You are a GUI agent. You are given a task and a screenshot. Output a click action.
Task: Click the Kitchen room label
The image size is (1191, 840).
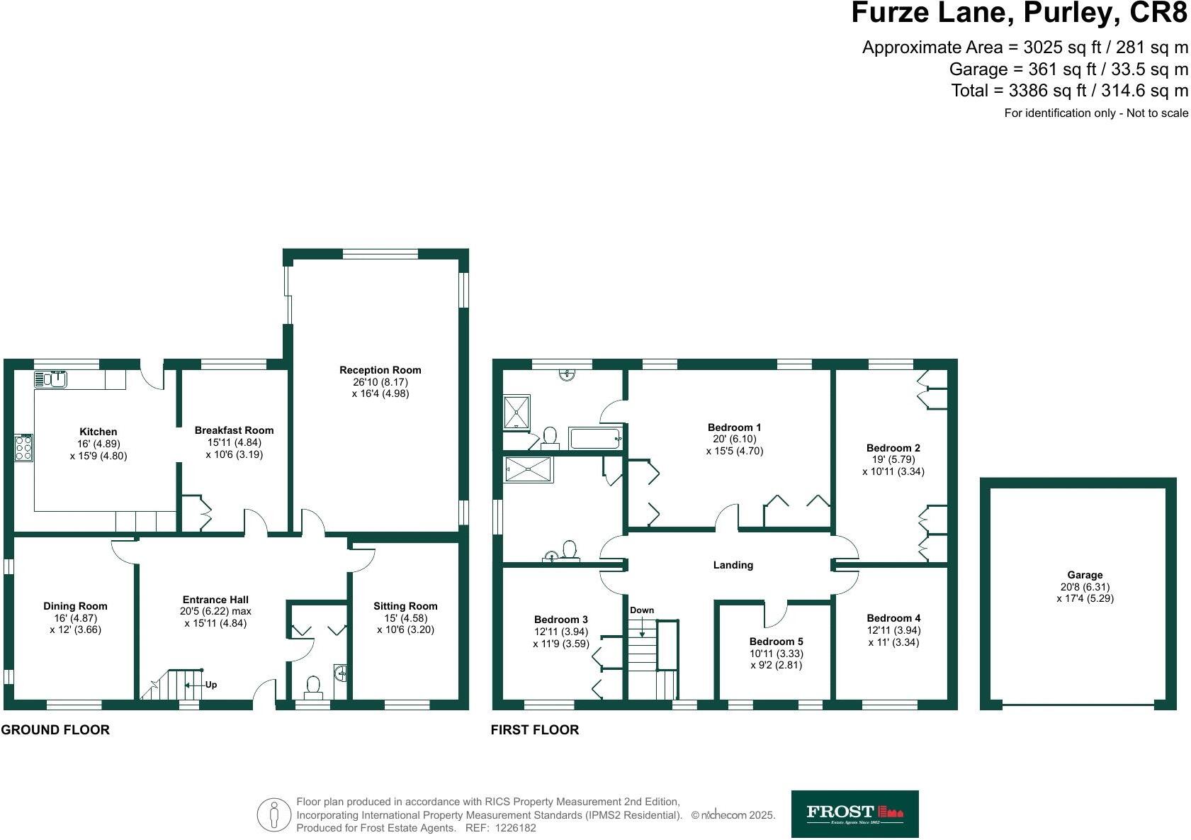[x=98, y=432]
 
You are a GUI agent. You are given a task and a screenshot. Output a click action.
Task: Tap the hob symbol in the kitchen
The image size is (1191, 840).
[x=23, y=448]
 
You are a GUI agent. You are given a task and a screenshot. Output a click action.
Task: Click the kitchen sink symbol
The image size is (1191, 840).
[x=50, y=379]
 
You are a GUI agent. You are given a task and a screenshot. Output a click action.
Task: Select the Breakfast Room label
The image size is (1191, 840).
[x=234, y=430]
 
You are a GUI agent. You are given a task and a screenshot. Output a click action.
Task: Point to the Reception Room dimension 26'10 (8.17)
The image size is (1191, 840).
[x=380, y=381]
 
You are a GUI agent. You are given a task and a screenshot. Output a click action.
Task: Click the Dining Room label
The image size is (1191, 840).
[x=75, y=606]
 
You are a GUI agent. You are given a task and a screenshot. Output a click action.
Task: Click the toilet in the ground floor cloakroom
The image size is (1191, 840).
[x=312, y=685]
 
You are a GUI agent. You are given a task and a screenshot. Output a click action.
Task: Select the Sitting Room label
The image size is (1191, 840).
[x=405, y=606]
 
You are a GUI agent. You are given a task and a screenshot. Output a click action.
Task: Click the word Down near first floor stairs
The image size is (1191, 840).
[x=642, y=610]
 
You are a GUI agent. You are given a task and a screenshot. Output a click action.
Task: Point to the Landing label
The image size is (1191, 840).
[x=733, y=565]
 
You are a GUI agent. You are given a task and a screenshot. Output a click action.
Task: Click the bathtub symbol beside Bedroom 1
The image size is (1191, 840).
[x=595, y=438]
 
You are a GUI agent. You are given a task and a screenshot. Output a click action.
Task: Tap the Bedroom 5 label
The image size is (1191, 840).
[x=776, y=642]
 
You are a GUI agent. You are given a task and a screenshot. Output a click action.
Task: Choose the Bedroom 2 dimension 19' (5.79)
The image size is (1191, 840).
[x=893, y=459]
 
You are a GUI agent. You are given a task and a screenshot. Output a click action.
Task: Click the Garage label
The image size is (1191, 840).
[x=1085, y=575]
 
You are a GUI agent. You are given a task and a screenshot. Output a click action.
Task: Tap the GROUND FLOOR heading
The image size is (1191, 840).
[x=55, y=729]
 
